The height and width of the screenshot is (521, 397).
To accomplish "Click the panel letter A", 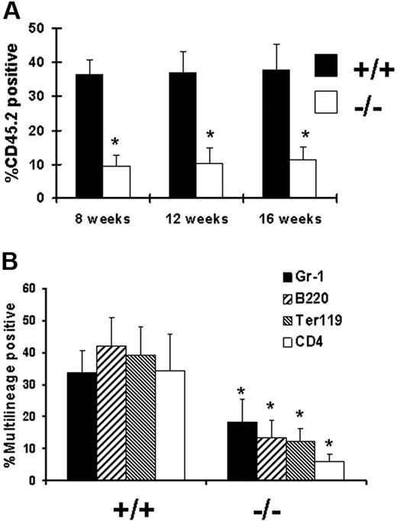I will pyautogui.click(x=12, y=12).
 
